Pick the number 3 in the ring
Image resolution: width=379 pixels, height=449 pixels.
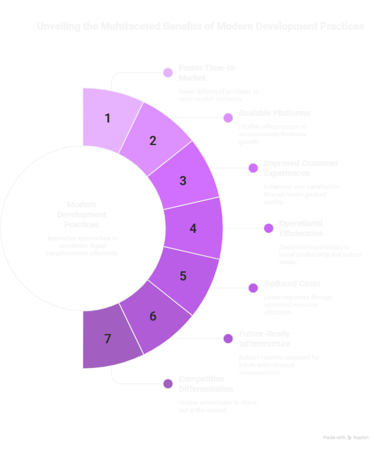point(183,181)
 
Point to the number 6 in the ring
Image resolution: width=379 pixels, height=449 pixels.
point(152,316)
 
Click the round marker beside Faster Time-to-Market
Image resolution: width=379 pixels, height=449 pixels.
point(167,73)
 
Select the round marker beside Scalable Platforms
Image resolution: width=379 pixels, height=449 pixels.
point(228,118)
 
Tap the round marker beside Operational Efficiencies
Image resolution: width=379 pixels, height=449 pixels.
point(269,228)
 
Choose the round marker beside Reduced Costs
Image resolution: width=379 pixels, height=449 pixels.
point(253,288)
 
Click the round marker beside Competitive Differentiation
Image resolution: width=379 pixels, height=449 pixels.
point(167,384)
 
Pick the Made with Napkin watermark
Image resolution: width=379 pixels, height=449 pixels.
point(346,437)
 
